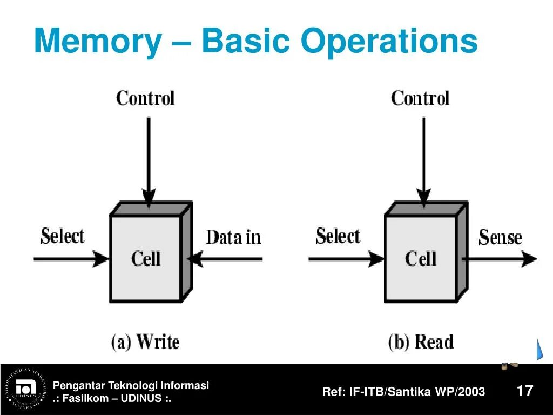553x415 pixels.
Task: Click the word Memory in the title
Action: click(x=97, y=42)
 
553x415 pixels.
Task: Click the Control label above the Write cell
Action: click(x=145, y=98)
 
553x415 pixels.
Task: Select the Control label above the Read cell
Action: click(x=420, y=98)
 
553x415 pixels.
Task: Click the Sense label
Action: click(x=500, y=237)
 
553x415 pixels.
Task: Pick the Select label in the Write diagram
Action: click(x=63, y=236)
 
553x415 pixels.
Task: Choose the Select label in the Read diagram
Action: click(x=338, y=236)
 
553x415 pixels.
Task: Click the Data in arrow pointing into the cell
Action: click(x=227, y=259)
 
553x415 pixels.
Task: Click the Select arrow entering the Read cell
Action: click(x=346, y=259)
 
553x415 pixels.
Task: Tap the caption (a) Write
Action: click(x=145, y=342)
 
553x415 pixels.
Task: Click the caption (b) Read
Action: click(x=421, y=342)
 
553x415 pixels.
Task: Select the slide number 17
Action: click(x=525, y=391)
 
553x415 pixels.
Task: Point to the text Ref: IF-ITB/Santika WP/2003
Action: click(x=403, y=392)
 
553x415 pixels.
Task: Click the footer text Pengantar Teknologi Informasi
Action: click(x=131, y=385)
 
